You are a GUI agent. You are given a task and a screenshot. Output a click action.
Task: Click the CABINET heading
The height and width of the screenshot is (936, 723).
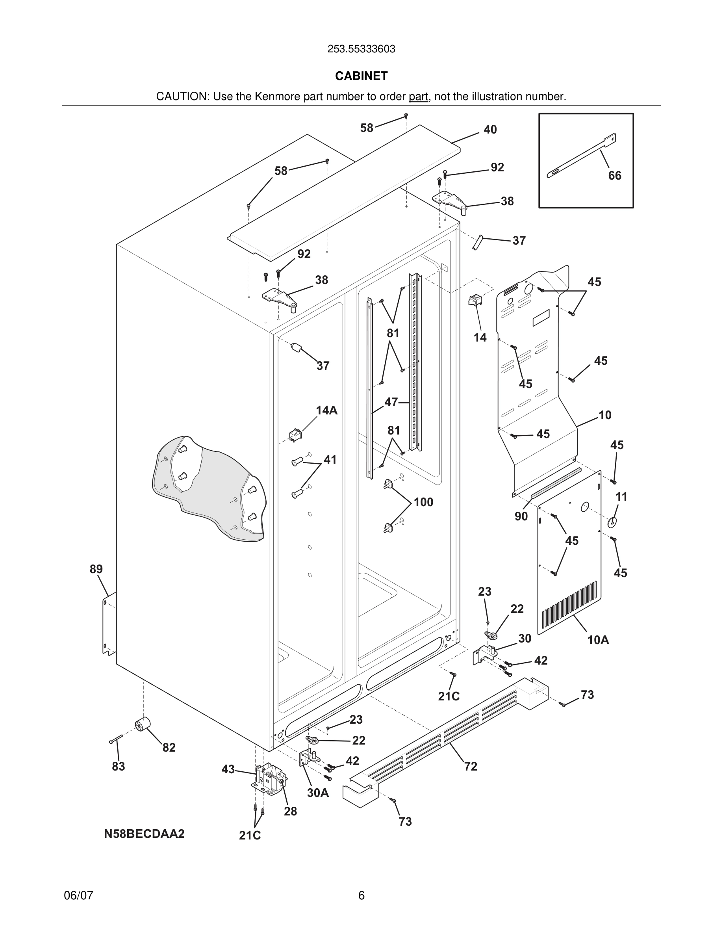[361, 76]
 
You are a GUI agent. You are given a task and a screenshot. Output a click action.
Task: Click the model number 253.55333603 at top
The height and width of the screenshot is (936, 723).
[361, 49]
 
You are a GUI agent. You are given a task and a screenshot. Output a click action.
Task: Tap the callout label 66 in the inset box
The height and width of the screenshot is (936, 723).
[615, 175]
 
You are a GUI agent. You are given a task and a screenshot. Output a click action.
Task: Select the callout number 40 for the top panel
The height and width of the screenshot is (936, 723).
[490, 130]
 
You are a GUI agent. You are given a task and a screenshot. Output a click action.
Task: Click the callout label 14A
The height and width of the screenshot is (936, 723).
[326, 410]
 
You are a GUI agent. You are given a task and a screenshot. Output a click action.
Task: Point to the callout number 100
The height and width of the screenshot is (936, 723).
[423, 502]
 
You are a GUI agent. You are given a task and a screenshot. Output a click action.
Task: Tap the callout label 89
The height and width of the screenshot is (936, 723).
[96, 569]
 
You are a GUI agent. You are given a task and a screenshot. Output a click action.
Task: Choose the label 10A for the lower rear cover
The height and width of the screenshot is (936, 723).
[598, 640]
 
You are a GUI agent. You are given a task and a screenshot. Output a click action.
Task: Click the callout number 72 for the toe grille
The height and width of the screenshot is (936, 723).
[470, 766]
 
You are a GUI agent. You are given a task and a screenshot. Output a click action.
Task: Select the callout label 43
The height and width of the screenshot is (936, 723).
[228, 769]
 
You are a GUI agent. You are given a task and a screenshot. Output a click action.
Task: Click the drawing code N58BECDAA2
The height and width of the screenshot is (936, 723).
[145, 834]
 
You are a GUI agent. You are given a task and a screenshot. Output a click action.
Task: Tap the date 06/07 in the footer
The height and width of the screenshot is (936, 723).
[78, 895]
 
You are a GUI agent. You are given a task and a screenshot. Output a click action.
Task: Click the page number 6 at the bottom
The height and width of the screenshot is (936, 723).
[361, 895]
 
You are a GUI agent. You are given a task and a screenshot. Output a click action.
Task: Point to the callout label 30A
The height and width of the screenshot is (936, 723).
[318, 793]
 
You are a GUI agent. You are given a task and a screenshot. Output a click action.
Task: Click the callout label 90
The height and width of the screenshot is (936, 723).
[521, 516]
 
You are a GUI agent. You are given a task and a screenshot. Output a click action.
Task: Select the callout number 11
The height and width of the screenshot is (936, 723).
[621, 497]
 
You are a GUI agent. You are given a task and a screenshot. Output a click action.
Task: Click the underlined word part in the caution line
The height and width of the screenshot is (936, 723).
[418, 97]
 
